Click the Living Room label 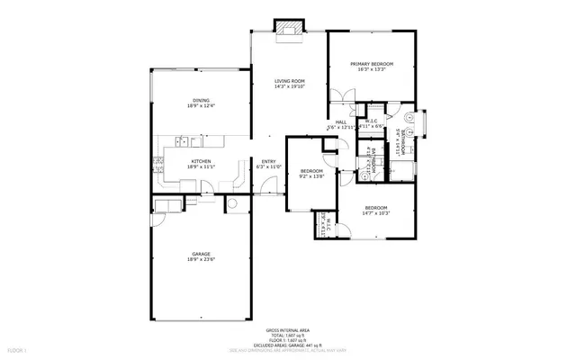pos(290,82)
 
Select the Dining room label pos(202,100)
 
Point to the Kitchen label pos(202,161)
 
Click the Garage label pos(202,255)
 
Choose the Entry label pos(269,161)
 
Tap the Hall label pos(341,122)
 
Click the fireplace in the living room pos(290,29)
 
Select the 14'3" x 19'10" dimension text pos(290,88)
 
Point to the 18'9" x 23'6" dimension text pos(202,261)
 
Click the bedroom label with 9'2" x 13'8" pos(311,171)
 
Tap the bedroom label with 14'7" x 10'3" pos(375,208)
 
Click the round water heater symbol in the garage pos(232,203)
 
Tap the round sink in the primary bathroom pos(409,116)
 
